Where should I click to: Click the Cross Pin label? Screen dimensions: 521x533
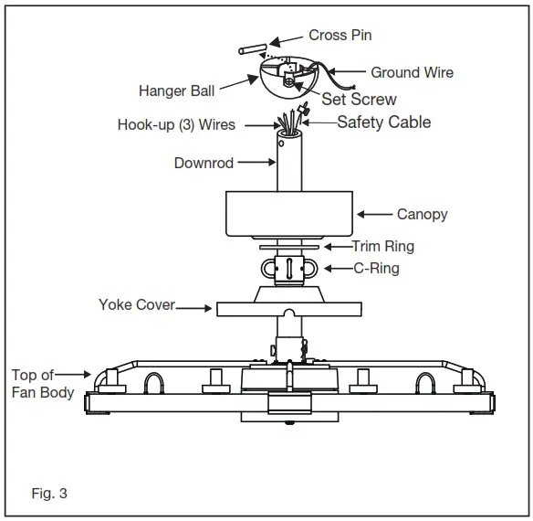click(340, 36)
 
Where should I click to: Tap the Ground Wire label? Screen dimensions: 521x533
click(412, 72)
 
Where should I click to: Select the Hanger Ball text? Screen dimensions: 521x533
click(177, 90)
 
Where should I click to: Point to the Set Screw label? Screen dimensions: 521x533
click(359, 99)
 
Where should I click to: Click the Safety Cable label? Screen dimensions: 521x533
click(383, 122)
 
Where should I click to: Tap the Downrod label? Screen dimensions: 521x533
click(204, 164)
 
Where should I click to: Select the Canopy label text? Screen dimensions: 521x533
click(422, 215)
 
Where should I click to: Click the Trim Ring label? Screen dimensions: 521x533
click(383, 246)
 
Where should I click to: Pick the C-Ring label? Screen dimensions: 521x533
click(376, 269)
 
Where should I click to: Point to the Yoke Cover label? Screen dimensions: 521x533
click(136, 304)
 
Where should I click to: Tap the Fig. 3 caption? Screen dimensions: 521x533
click(49, 494)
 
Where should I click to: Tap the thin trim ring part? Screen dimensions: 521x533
click(287, 246)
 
